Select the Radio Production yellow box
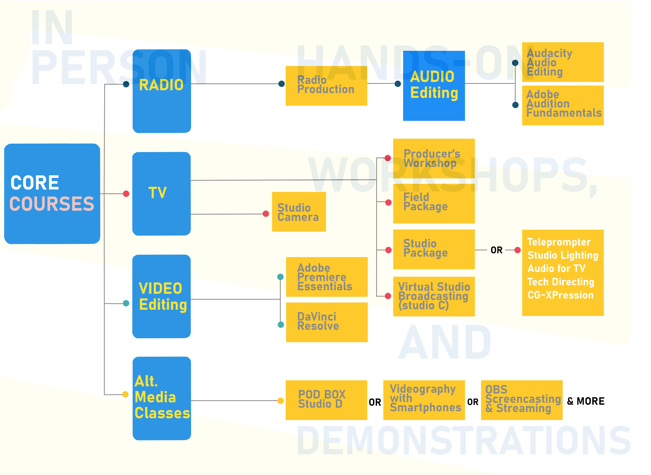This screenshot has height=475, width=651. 326,86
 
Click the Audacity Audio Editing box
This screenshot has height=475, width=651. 562,62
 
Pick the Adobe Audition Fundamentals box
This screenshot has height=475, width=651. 562,105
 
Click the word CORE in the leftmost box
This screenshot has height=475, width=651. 35,183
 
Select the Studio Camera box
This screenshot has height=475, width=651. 299,212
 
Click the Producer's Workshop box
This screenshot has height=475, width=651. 434,158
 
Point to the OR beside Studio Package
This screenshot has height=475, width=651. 496,250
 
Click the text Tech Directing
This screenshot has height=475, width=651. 560,282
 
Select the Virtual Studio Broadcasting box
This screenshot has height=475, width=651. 434,296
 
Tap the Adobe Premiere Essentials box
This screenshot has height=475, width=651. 327,277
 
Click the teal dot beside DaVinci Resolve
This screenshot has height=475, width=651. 281,325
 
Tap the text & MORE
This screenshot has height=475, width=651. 585,401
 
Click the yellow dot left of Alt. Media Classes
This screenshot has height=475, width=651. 125,394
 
